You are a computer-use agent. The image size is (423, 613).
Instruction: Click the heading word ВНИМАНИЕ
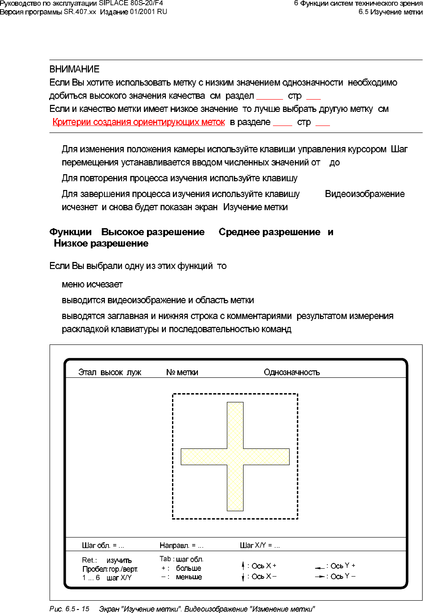coord(74,69)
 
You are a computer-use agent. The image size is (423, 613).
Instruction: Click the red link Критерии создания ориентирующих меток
coord(139,122)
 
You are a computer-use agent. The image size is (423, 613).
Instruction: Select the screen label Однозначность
coord(292,373)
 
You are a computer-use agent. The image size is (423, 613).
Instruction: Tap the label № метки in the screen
coord(182,373)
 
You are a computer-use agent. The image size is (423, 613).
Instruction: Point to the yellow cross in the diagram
coord(235,456)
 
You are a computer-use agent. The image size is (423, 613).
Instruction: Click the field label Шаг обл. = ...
coord(103,545)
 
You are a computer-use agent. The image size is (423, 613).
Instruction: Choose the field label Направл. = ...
coord(181,545)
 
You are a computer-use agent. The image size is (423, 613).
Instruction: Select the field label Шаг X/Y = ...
coord(260,545)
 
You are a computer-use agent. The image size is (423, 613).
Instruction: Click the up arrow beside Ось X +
coord(243,566)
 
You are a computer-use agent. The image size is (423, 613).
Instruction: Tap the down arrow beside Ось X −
coord(243,577)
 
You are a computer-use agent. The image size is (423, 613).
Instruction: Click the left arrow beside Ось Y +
coord(319,567)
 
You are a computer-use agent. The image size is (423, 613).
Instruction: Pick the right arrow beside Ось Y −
coord(320,577)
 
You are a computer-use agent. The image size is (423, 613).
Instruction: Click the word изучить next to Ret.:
coord(119,560)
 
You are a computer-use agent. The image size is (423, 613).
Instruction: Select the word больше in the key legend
coord(188,568)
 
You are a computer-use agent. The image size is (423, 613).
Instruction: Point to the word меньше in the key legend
coord(189,577)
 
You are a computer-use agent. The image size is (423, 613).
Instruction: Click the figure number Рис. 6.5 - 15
coord(69,609)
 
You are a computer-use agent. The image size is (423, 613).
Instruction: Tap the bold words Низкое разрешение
coord(101,244)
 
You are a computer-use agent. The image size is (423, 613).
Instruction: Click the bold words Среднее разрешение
coord(269,232)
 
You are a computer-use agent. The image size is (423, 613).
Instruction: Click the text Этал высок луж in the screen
coord(110,373)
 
